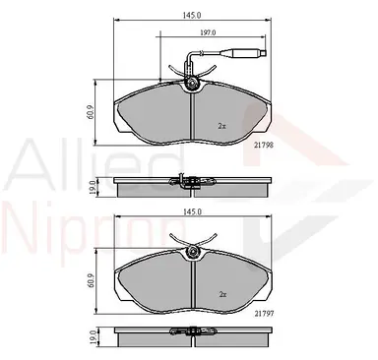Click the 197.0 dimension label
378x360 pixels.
point(208,32)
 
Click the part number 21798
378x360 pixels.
point(264,145)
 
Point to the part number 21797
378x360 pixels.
point(264,314)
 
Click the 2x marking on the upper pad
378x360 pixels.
point(222,126)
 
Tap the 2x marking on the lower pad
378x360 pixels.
point(222,294)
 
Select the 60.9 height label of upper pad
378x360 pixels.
point(92,112)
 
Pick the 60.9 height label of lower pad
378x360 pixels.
point(92,281)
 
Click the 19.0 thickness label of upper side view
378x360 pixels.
point(93,187)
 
